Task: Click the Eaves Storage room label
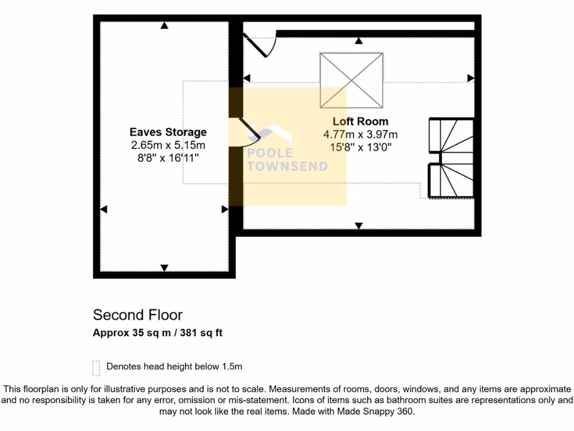pyautogui.click(x=168, y=132)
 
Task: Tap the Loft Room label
pyautogui.click(x=360, y=121)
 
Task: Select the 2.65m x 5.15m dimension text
pyautogui.click(x=168, y=145)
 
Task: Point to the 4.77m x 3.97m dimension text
pyautogui.click(x=360, y=135)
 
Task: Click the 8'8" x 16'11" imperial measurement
pyautogui.click(x=168, y=158)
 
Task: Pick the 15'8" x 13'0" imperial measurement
pyautogui.click(x=360, y=148)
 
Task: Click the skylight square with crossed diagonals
pyautogui.click(x=352, y=80)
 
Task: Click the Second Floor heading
pyautogui.click(x=138, y=315)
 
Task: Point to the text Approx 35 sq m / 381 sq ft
pyautogui.click(x=158, y=333)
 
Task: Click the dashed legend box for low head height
pyautogui.click(x=96, y=368)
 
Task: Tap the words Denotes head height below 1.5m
pyautogui.click(x=174, y=367)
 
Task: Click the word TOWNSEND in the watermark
pyautogui.click(x=288, y=166)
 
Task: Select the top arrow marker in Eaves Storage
pyautogui.click(x=164, y=25)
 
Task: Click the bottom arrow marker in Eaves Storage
pyautogui.click(x=164, y=268)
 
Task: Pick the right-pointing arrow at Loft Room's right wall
pyautogui.click(x=471, y=78)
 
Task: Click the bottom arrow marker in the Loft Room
pyautogui.click(x=359, y=226)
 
